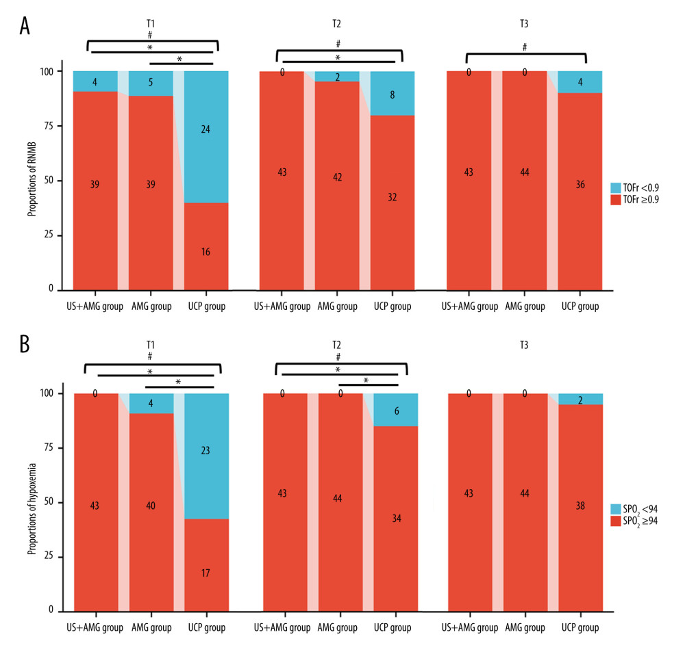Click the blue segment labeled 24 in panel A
click(206, 137)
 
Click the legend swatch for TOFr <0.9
click(615, 187)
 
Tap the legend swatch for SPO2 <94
click(615, 508)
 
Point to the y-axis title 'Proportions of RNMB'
click(32, 181)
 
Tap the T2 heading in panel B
click(336, 344)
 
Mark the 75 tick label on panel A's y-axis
click(53, 126)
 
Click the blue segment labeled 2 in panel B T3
click(580, 400)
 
